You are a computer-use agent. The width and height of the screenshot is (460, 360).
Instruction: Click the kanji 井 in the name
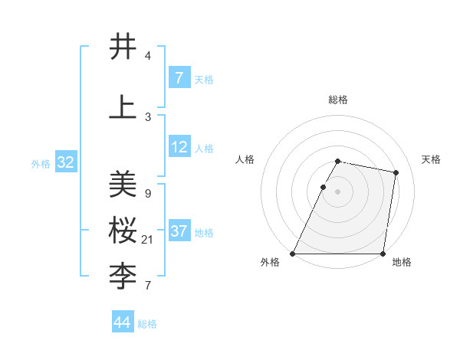pos(123,47)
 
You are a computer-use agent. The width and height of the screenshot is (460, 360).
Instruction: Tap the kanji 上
pos(123,107)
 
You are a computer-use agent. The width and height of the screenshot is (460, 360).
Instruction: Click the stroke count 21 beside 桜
pos(148,240)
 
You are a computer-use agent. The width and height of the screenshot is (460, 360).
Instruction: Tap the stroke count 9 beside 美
pos(147,194)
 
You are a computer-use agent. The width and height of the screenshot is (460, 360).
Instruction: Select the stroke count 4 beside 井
pos(147,56)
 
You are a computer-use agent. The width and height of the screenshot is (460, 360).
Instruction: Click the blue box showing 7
pos(179,78)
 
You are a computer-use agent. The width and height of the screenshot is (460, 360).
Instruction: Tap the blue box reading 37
pos(179,231)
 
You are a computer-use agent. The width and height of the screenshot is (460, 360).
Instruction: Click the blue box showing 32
pos(65,162)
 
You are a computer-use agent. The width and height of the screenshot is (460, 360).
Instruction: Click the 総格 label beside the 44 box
pos(147,324)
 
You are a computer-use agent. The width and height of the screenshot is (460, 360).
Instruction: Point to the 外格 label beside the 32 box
pos(41,164)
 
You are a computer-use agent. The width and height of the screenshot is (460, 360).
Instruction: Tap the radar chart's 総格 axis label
pos(338,100)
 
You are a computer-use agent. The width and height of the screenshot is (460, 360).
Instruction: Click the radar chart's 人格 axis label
pos(245,159)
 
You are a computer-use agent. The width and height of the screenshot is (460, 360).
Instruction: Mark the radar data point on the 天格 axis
pos(396,172)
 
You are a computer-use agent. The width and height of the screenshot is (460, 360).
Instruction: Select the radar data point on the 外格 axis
pos(293,254)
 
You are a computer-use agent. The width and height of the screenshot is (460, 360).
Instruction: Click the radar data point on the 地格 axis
pos(383,254)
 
